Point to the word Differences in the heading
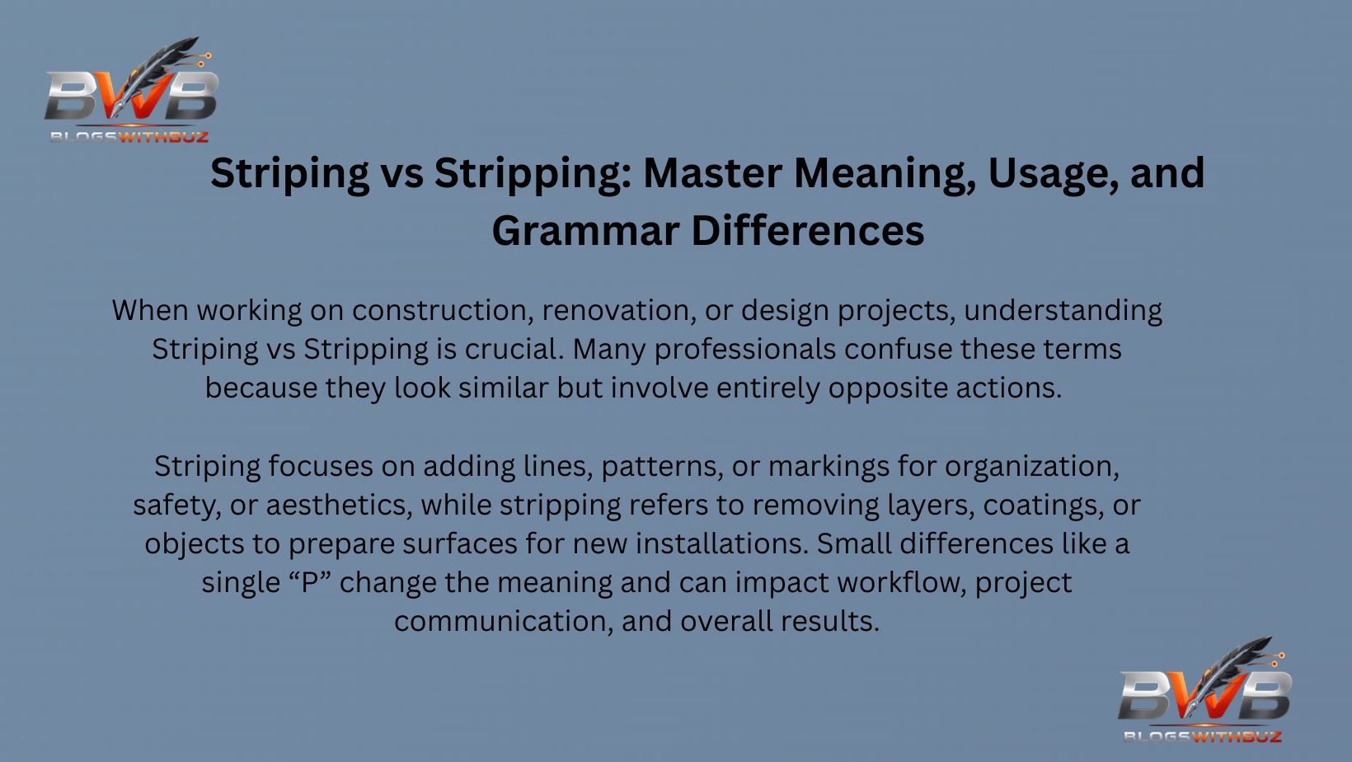tap(808, 231)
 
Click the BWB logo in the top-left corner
tap(130, 91)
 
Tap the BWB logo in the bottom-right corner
tap(1204, 691)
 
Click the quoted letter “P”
tap(310, 583)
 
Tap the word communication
tap(504, 622)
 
